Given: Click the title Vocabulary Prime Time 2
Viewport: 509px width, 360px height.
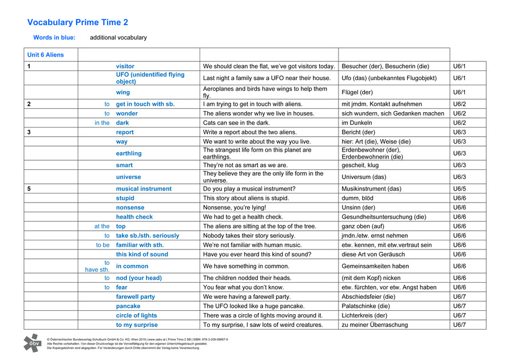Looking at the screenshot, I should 78,22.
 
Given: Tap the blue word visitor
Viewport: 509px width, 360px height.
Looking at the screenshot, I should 125,66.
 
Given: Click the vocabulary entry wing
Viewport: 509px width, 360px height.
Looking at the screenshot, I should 123,92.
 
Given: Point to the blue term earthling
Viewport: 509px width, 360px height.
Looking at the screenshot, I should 129,153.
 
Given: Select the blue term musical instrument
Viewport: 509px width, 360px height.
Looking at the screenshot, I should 144,189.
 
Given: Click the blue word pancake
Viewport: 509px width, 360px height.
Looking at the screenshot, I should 128,306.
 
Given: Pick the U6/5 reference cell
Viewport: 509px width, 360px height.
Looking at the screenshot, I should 460,189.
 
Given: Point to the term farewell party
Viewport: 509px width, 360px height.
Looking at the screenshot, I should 136,296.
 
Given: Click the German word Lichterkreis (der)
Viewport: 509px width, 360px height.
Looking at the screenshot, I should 364,315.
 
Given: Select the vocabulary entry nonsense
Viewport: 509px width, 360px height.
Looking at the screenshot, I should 130,207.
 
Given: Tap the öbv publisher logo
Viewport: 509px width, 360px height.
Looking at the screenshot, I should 32,342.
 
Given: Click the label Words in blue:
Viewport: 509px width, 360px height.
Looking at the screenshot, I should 52,38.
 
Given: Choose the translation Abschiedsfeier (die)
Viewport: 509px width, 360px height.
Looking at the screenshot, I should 368,296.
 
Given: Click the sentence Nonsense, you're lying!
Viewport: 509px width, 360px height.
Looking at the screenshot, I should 234,207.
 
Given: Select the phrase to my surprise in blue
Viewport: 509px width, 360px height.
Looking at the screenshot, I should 137,325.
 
